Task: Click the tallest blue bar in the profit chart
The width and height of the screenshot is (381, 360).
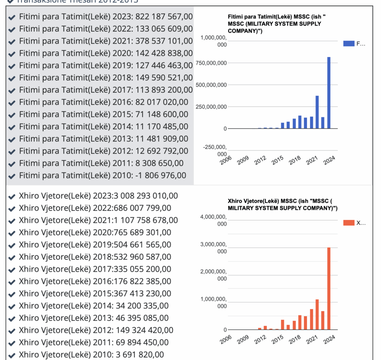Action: [x=329, y=93]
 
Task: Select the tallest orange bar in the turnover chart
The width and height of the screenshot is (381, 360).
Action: [x=329, y=289]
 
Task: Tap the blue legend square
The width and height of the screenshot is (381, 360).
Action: [x=348, y=44]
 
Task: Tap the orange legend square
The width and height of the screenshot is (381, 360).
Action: [x=348, y=223]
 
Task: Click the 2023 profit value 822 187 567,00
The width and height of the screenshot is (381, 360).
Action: [x=164, y=17]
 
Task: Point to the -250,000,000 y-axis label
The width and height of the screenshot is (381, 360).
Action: [x=214, y=150]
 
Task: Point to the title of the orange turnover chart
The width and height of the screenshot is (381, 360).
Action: [x=282, y=204]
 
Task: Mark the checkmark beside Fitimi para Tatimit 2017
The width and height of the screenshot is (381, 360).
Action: [x=12, y=90]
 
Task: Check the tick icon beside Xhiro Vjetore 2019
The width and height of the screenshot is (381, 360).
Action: [x=12, y=245]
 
